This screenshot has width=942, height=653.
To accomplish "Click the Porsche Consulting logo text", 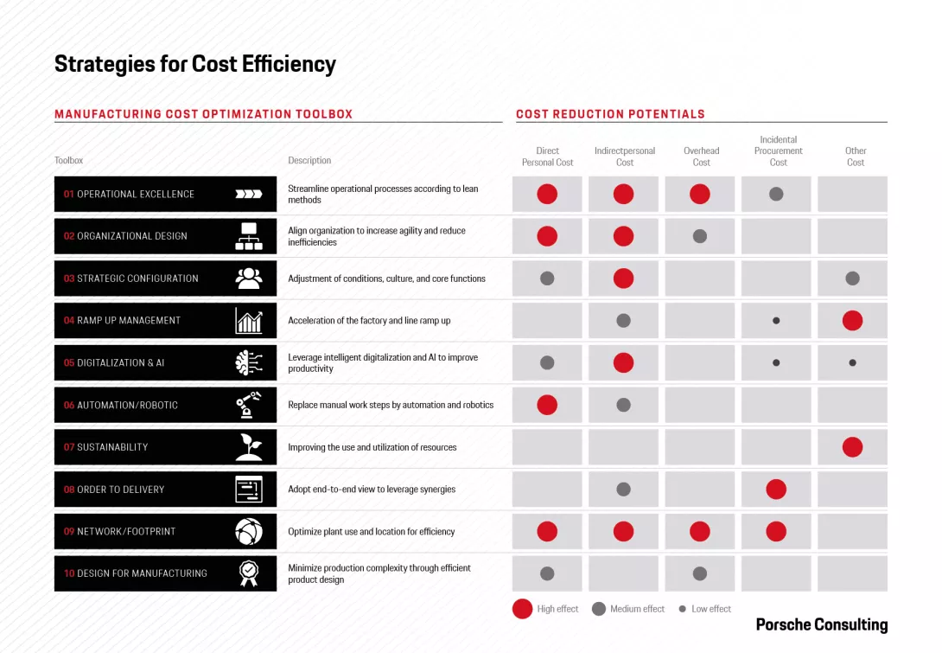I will [x=821, y=624].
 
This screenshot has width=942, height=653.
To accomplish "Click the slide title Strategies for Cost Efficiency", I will [x=195, y=64].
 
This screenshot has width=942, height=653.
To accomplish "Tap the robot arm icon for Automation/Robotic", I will [x=249, y=405].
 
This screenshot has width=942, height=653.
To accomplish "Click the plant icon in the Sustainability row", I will [x=249, y=447].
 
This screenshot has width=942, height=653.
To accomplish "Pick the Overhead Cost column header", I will [x=701, y=157].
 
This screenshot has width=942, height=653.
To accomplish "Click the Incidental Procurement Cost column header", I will [x=778, y=150].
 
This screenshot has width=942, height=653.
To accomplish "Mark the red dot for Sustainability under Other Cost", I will [x=852, y=447].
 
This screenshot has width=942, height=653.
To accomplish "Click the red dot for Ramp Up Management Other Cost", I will [x=852, y=321].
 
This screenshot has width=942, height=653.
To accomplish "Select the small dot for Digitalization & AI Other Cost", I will [x=852, y=363].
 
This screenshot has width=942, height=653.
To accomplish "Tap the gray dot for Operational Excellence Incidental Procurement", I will [x=776, y=195].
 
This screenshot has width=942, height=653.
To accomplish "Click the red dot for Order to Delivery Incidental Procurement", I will [x=776, y=490].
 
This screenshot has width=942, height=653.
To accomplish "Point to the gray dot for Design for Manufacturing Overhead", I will [x=700, y=573].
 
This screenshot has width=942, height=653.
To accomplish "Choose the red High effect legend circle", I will [x=522, y=609].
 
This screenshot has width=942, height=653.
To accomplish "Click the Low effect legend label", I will [x=711, y=609].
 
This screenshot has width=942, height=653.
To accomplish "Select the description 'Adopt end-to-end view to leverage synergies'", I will [x=372, y=490].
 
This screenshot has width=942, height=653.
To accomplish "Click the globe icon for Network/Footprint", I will [x=249, y=532].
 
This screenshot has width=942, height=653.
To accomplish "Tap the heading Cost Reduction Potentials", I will [x=610, y=114].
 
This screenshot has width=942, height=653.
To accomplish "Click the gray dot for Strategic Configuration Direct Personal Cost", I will [x=547, y=278].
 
